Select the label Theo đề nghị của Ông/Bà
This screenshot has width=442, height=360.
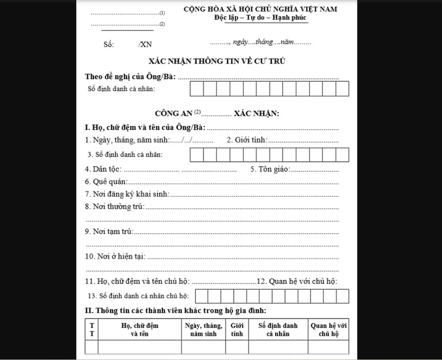click(130, 76)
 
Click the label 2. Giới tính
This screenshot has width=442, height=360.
click(247, 140)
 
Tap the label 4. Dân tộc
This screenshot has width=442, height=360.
click(103, 168)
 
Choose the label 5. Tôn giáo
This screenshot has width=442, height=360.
click(271, 168)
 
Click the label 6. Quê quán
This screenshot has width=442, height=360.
click(106, 181)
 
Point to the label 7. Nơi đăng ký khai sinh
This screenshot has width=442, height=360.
click(127, 194)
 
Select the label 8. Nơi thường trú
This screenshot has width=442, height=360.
click(114, 207)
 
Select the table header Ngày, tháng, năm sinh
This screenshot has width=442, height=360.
click(204, 330)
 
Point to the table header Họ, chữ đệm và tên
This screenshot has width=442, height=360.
click(140, 330)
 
